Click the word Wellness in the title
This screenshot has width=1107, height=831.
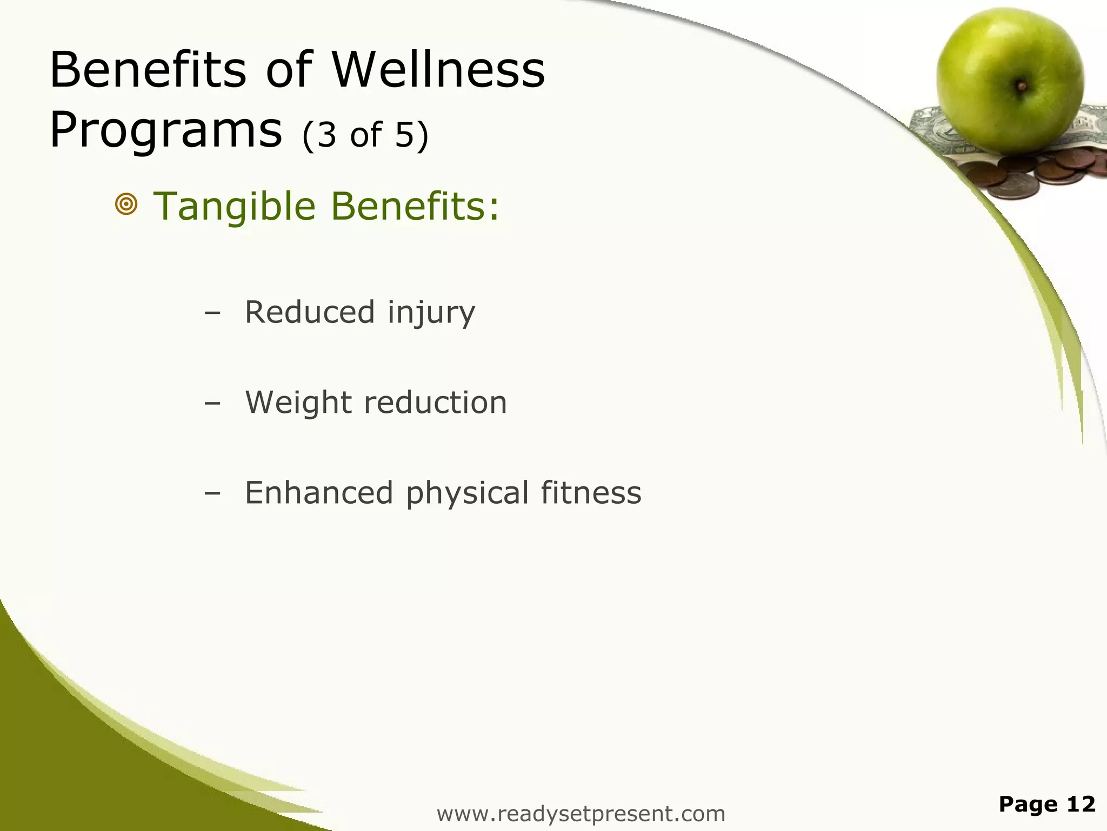(x=438, y=70)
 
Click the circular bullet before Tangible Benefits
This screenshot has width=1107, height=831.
(x=126, y=205)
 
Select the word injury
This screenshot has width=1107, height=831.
(x=431, y=313)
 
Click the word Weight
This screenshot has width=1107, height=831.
(x=298, y=403)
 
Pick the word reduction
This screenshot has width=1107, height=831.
(x=436, y=403)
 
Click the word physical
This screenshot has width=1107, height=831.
(x=468, y=494)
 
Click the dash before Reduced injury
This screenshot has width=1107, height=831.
(x=213, y=313)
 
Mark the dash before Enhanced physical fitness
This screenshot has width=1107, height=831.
(x=213, y=494)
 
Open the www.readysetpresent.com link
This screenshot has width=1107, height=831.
(x=581, y=814)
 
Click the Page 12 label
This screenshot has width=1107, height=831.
(x=1046, y=804)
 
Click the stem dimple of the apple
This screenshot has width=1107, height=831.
(x=1022, y=85)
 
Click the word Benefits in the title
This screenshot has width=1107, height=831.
(x=148, y=70)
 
